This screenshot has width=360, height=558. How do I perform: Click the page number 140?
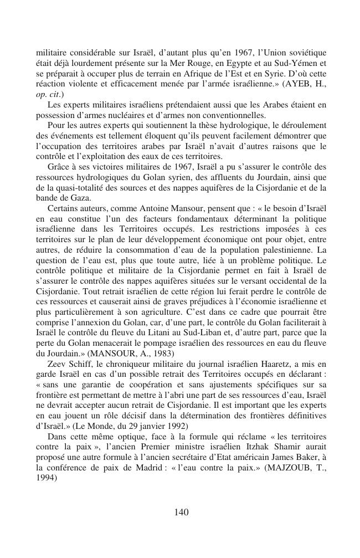point(181,512)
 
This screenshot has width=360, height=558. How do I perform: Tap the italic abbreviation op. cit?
point(48,94)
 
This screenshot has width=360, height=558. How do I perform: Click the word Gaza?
point(80,198)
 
